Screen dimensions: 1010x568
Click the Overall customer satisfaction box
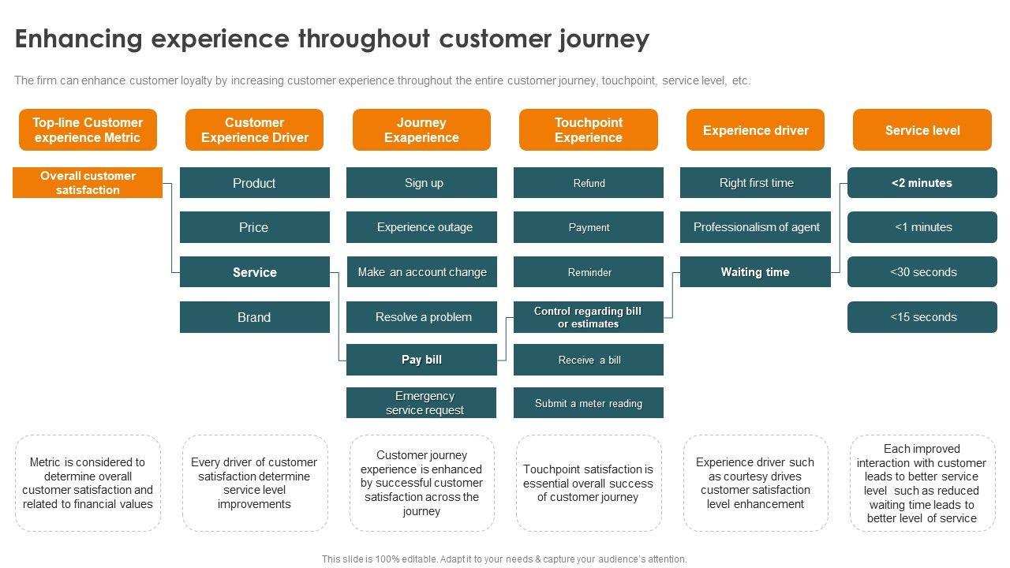pyautogui.click(x=88, y=182)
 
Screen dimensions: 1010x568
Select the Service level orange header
pyautogui.click(x=922, y=130)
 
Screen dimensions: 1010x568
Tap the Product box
pyautogui.click(x=255, y=182)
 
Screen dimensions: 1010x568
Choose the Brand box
pyautogui.click(x=255, y=317)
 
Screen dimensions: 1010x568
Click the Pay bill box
pyautogui.click(x=421, y=360)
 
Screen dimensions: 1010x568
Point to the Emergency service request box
pyautogui.click(x=421, y=402)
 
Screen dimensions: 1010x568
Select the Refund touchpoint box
pyautogui.click(x=589, y=182)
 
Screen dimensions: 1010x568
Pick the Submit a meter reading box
pyautogui.click(x=589, y=402)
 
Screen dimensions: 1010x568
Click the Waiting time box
pyautogui.click(x=755, y=272)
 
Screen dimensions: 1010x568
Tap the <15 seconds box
pyautogui.click(x=922, y=317)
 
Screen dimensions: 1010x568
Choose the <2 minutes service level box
pyautogui.click(x=922, y=182)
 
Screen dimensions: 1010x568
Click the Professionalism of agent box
pyautogui.click(x=755, y=227)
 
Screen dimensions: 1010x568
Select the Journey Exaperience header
pyautogui.click(x=421, y=130)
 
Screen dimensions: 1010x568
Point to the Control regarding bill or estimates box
pyautogui.click(x=589, y=317)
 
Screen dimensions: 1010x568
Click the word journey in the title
pyautogui.click(x=604, y=39)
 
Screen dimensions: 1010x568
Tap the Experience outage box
pyautogui.click(x=421, y=227)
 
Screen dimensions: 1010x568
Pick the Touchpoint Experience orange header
pyautogui.click(x=589, y=130)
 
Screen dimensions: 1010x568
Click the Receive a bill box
pyautogui.click(x=589, y=360)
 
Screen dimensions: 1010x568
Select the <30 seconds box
pyautogui.click(x=922, y=272)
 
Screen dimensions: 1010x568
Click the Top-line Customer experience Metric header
pyautogui.click(x=88, y=130)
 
